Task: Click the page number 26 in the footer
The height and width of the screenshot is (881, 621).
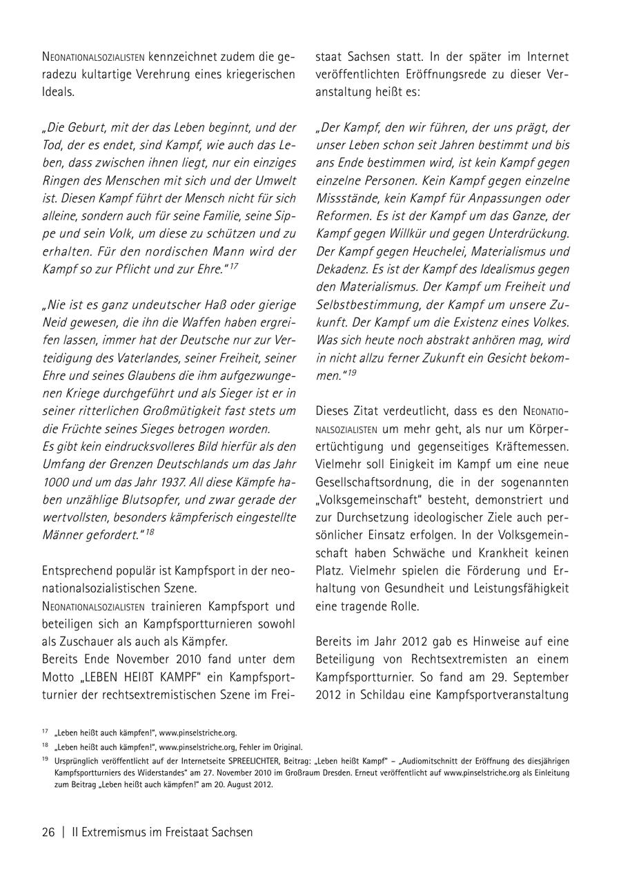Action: [48, 832]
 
